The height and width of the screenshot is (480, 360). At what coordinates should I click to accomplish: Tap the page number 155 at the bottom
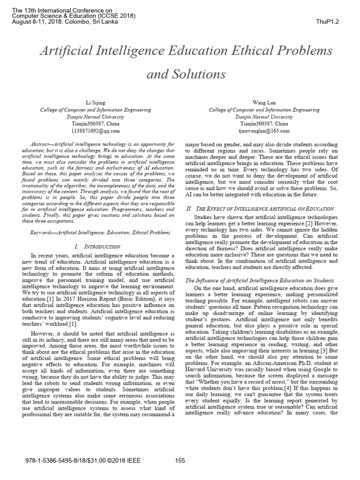coord(180,461)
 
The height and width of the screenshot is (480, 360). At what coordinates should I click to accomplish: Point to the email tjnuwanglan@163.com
coord(264,131)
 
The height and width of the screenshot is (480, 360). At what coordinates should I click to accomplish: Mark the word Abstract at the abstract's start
coord(40,142)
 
